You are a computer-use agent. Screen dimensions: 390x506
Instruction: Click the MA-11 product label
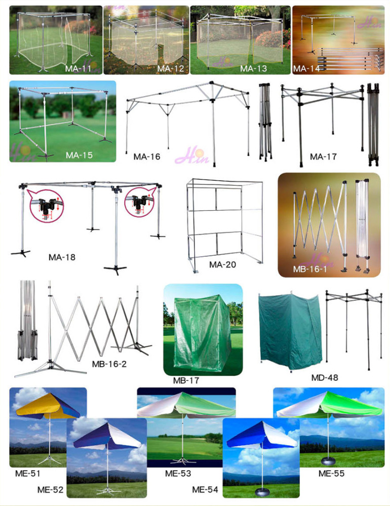click(78, 68)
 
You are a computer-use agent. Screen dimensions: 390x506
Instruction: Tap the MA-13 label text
click(253, 68)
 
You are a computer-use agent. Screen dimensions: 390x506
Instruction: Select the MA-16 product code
click(147, 157)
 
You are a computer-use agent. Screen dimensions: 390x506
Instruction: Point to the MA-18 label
click(62, 257)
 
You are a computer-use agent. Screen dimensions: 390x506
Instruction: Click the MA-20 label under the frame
click(222, 264)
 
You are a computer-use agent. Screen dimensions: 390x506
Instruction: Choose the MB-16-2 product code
click(109, 364)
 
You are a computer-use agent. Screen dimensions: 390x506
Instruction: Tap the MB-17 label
click(186, 380)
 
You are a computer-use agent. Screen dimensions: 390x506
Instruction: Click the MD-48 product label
click(325, 377)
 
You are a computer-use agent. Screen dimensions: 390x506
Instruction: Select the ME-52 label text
click(50, 490)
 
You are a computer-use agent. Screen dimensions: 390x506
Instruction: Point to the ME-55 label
click(331, 474)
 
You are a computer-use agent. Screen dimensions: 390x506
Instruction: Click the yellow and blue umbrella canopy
click(48, 406)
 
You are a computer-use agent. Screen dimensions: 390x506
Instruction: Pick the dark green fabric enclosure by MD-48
click(290, 331)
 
